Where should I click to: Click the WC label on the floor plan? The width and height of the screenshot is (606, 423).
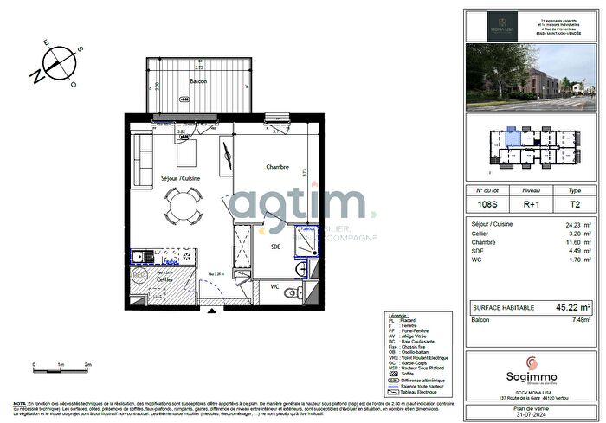tap(275, 285)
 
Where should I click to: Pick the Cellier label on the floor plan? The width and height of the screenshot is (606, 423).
tap(164, 279)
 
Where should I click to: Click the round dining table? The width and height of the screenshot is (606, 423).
tap(182, 206)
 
